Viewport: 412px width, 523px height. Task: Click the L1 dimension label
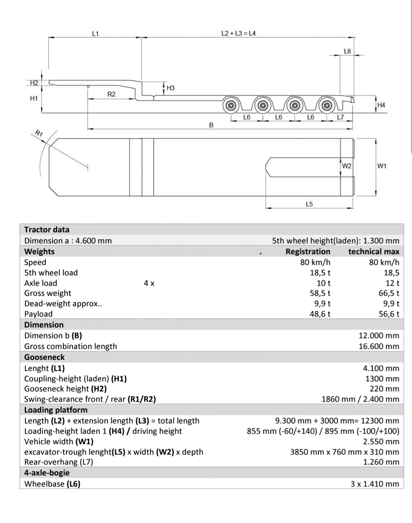click(95, 34)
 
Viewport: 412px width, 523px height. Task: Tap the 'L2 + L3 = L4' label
click(238, 33)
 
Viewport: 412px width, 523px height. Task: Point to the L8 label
click(347, 51)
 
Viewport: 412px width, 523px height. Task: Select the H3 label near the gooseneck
click(171, 88)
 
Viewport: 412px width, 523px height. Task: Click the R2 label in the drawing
click(111, 94)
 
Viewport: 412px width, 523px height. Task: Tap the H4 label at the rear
click(381, 105)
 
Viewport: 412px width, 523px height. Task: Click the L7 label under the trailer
click(341, 117)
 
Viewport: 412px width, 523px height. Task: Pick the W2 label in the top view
click(347, 166)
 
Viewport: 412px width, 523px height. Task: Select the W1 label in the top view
click(382, 166)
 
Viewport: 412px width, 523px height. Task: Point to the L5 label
click(309, 204)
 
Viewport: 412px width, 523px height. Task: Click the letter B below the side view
click(211, 125)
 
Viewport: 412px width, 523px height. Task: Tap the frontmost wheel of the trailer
click(231, 105)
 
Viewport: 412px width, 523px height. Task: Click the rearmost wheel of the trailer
click(327, 105)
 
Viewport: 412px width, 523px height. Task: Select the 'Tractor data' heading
click(47, 230)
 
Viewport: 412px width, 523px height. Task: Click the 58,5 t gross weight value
click(320, 293)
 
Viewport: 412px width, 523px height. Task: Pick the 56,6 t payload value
click(388, 314)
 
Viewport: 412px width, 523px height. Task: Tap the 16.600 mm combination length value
click(378, 346)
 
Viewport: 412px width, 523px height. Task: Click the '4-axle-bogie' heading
click(47, 473)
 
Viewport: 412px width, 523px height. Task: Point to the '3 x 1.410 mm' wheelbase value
click(375, 484)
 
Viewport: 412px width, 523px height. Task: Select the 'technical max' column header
click(373, 252)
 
